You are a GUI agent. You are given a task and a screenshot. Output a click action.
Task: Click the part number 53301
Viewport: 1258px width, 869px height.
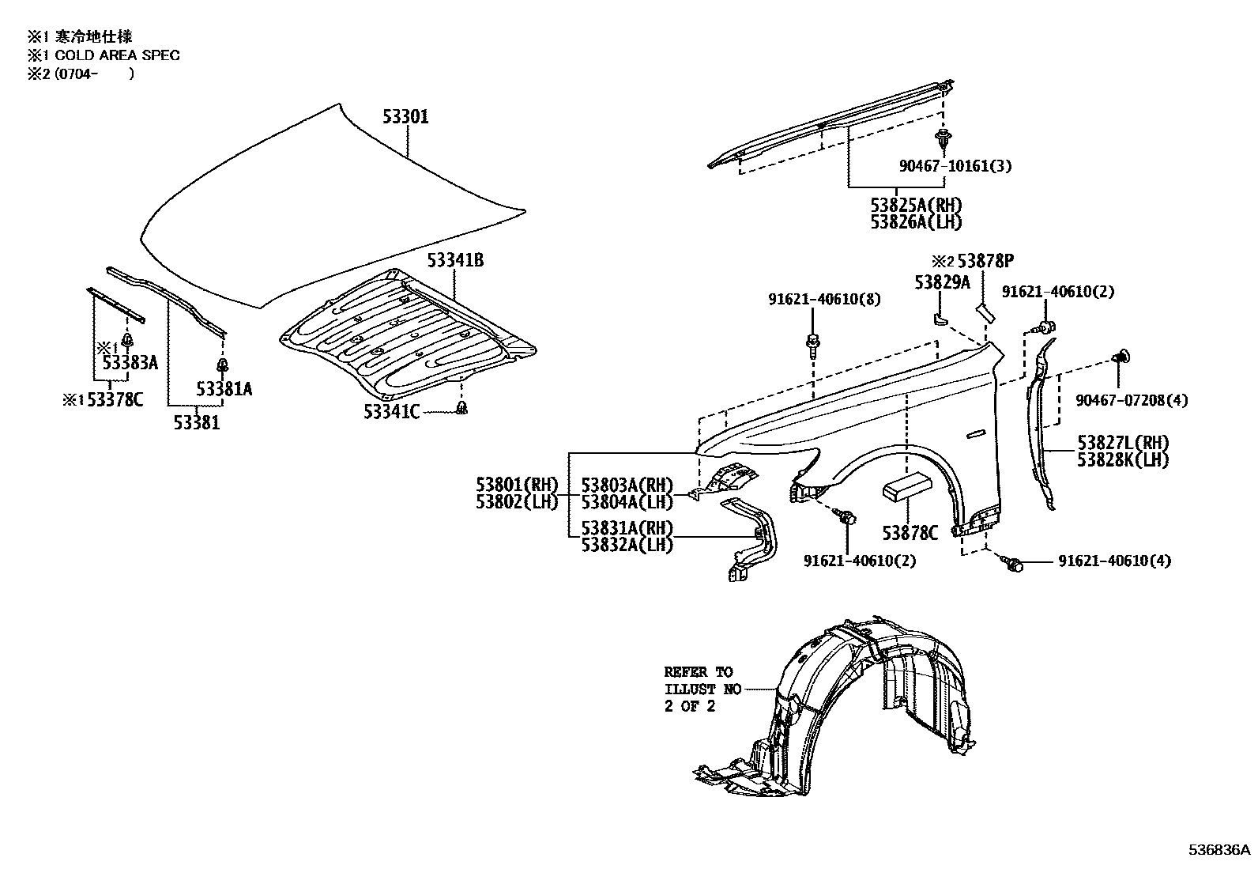(405, 117)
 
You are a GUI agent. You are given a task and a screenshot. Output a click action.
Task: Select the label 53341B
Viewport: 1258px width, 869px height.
(455, 259)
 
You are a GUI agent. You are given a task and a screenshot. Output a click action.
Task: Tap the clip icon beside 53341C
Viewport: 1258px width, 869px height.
(463, 408)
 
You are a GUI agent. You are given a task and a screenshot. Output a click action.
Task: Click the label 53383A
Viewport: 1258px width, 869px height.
(130, 363)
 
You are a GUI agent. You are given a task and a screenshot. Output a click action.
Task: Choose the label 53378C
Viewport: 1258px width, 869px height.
(115, 400)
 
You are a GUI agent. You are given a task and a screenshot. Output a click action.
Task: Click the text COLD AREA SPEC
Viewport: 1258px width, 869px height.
(117, 55)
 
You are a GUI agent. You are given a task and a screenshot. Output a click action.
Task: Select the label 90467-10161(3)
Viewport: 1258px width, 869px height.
(955, 166)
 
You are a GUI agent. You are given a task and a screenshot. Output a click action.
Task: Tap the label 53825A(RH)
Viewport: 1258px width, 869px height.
(916, 206)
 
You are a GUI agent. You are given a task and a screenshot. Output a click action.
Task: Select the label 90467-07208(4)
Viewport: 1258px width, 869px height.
(1132, 400)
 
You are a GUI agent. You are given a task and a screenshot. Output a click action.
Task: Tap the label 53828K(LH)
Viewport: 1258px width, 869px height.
(1122, 459)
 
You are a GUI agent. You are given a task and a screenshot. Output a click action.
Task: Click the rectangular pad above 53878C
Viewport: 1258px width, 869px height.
(906, 486)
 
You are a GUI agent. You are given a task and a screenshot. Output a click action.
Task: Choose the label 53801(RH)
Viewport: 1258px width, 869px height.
(517, 484)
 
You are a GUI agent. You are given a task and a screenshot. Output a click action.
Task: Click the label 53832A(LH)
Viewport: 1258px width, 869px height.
(627, 545)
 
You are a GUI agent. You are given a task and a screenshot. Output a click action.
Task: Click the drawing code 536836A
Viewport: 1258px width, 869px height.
(1220, 850)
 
